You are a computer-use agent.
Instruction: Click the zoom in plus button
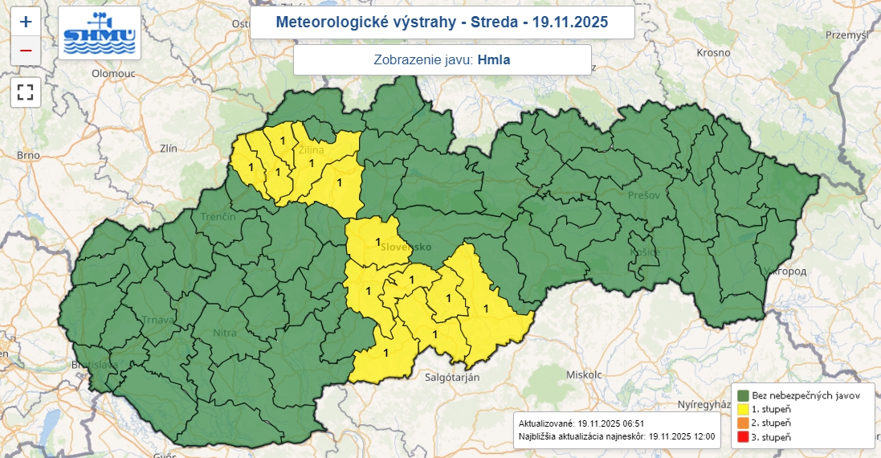click(x=26, y=21)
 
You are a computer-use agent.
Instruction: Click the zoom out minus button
click(x=26, y=51)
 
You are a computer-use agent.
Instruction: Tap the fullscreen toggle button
click(x=26, y=91)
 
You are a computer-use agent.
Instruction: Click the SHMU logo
click(x=100, y=32)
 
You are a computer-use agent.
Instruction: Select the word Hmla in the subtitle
click(x=494, y=59)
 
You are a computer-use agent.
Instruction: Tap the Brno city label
click(x=28, y=155)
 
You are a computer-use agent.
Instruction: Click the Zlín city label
click(x=169, y=149)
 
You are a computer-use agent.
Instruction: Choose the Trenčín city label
click(x=218, y=218)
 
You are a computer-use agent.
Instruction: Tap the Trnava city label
click(x=157, y=320)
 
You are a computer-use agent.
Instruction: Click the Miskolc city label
click(x=584, y=375)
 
